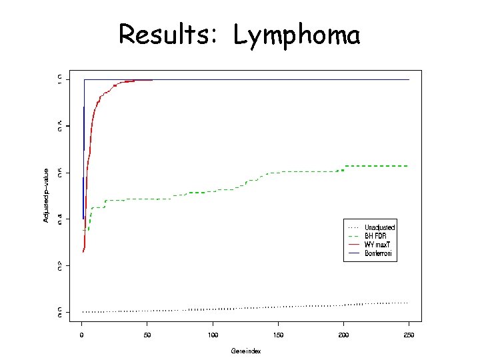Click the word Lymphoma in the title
coord(297,35)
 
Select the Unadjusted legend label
coord(379,227)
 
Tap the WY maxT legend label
coord(377,245)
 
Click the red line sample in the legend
coord(353,245)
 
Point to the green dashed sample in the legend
coord(353,236)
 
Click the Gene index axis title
coord(245,350)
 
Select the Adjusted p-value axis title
coord(46,195)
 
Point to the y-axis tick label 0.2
coord(60,265)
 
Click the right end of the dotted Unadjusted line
coord(407,303)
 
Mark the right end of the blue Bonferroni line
coord(408,80)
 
